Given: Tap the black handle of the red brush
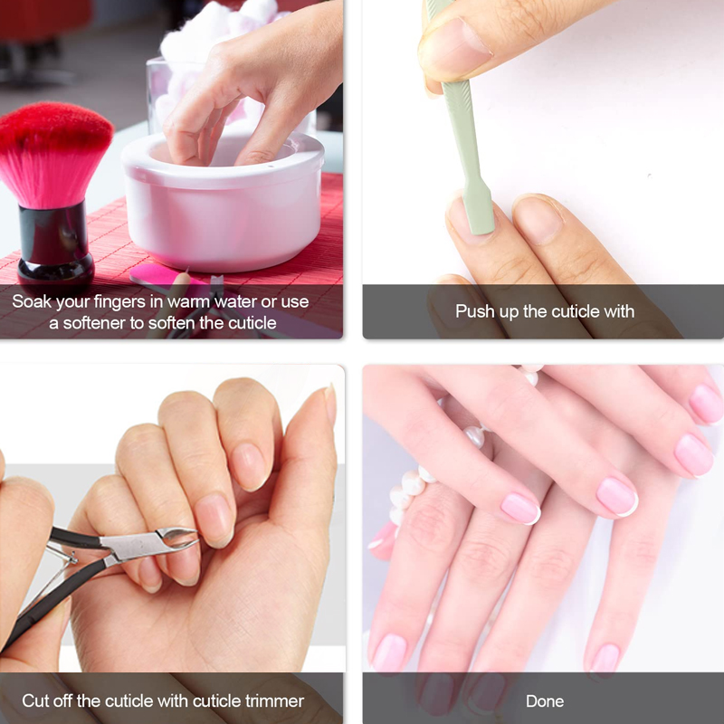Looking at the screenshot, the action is (55, 244).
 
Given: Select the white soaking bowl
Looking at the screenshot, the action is (223, 203).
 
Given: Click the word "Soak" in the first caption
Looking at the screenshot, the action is (32, 301).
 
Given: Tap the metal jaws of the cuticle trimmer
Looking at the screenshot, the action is (177, 538).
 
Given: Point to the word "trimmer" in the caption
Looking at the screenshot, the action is (274, 700).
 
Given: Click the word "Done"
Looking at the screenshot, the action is (545, 701).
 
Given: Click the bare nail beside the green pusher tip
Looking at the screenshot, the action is (538, 219).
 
